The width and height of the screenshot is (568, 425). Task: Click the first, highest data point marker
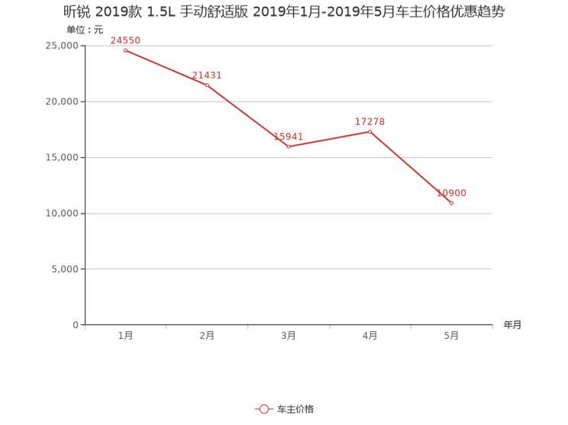pos(124,50)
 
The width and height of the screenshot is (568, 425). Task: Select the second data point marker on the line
pos(207,85)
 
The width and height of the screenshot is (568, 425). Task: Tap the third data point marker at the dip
pos(289,146)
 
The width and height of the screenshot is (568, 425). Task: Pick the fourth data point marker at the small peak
pos(370,131)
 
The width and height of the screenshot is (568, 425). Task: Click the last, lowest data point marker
pos(452,203)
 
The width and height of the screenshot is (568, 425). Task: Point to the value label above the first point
pos(126,39)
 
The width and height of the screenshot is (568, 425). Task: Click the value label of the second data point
pos(207,74)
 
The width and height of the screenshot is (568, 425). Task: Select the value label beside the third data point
pos(289,136)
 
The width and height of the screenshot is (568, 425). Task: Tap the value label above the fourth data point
pos(370,121)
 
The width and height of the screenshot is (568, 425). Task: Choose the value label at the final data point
pos(450,192)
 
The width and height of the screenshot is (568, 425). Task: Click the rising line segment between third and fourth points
pos(329,139)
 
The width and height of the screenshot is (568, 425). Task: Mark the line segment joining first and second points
pos(166,67)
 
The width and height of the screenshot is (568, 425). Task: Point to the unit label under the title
pos(84,30)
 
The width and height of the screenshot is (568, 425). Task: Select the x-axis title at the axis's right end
pos(512,325)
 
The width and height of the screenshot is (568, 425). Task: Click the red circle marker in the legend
pos(263,410)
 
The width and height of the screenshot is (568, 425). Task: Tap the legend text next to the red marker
pos(295,410)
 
